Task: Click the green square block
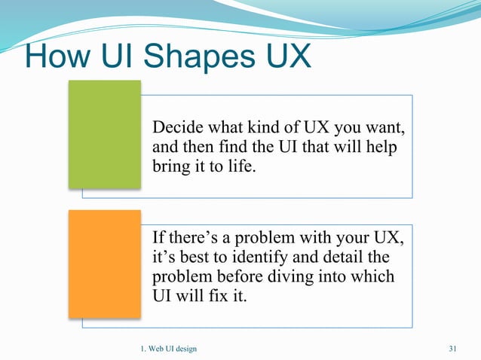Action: (104, 133)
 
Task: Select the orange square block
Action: (104, 264)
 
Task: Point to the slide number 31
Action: (453, 347)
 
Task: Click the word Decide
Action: (178, 124)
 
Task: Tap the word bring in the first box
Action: (171, 164)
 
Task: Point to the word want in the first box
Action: (384, 124)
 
